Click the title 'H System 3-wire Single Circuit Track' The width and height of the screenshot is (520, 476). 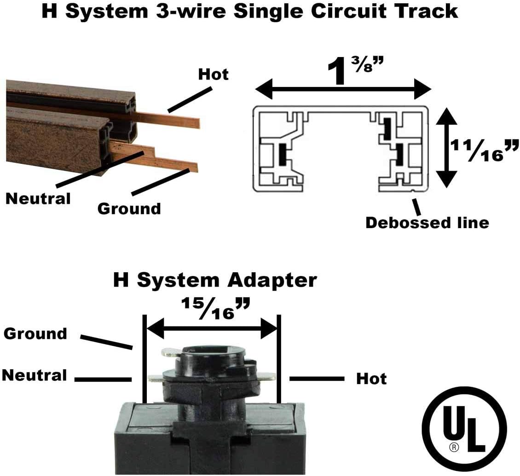pyautogui.click(x=249, y=11)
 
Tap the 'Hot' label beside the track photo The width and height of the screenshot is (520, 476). pyautogui.click(x=213, y=74)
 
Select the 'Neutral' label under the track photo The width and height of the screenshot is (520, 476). pyautogui.click(x=38, y=199)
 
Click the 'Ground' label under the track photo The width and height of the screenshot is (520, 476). pyautogui.click(x=129, y=209)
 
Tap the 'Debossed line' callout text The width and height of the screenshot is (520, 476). pyautogui.click(x=427, y=223)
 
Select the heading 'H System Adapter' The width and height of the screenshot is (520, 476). pyautogui.click(x=215, y=280)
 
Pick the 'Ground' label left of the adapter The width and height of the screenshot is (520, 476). pyautogui.click(x=35, y=333)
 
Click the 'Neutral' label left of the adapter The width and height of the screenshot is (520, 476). pyautogui.click(x=35, y=375)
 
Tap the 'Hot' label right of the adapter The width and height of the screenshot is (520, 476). pyautogui.click(x=371, y=379)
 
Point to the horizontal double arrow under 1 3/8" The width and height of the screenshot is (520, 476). pyautogui.click(x=343, y=89)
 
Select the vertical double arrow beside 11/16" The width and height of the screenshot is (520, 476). pyautogui.click(x=446, y=148)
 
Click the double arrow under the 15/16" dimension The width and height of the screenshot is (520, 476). pyautogui.click(x=212, y=328)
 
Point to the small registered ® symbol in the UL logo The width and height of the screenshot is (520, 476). pyautogui.click(x=453, y=446)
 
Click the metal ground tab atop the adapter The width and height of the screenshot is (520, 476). pyautogui.click(x=169, y=353)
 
